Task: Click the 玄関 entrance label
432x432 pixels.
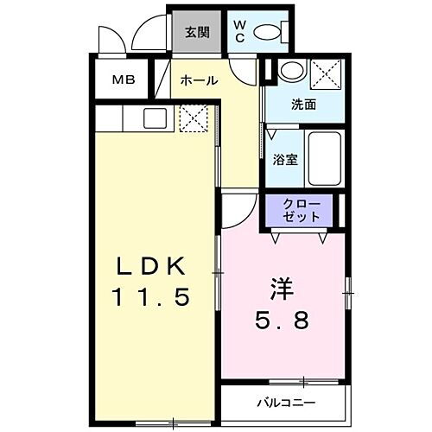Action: click(197, 33)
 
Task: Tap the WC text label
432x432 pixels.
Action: click(239, 33)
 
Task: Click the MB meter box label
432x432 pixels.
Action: click(123, 81)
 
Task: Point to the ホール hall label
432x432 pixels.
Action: click(199, 80)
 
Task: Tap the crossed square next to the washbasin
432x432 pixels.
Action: click(326, 73)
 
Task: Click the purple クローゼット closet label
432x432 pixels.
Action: click(302, 210)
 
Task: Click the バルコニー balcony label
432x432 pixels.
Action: click(286, 403)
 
